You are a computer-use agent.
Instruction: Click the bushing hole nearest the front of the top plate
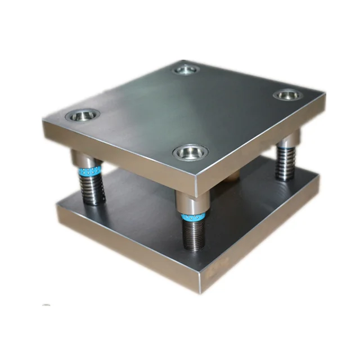[190, 151]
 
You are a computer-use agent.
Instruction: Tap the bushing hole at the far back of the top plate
[186, 70]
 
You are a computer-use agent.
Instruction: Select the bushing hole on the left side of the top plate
[82, 116]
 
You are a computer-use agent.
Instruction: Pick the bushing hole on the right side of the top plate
[287, 94]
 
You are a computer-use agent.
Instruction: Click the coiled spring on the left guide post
[93, 188]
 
